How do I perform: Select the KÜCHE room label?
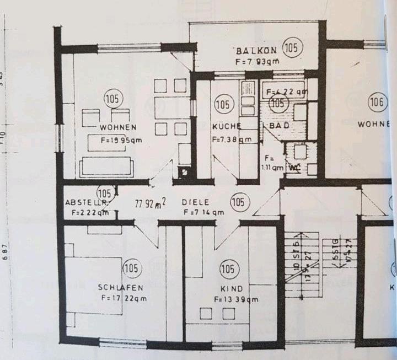click(224, 127)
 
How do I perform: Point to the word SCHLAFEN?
click(121, 287)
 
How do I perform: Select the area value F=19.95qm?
click(121, 139)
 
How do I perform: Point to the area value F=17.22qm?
click(124, 298)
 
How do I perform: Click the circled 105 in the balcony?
click(293, 48)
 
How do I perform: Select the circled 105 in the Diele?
click(238, 202)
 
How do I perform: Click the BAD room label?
click(280, 126)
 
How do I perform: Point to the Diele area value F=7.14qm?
click(203, 212)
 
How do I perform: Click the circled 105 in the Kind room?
click(228, 270)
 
